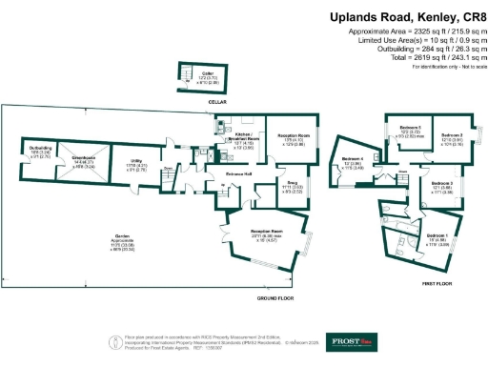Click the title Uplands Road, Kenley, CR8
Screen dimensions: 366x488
click(406, 17)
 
